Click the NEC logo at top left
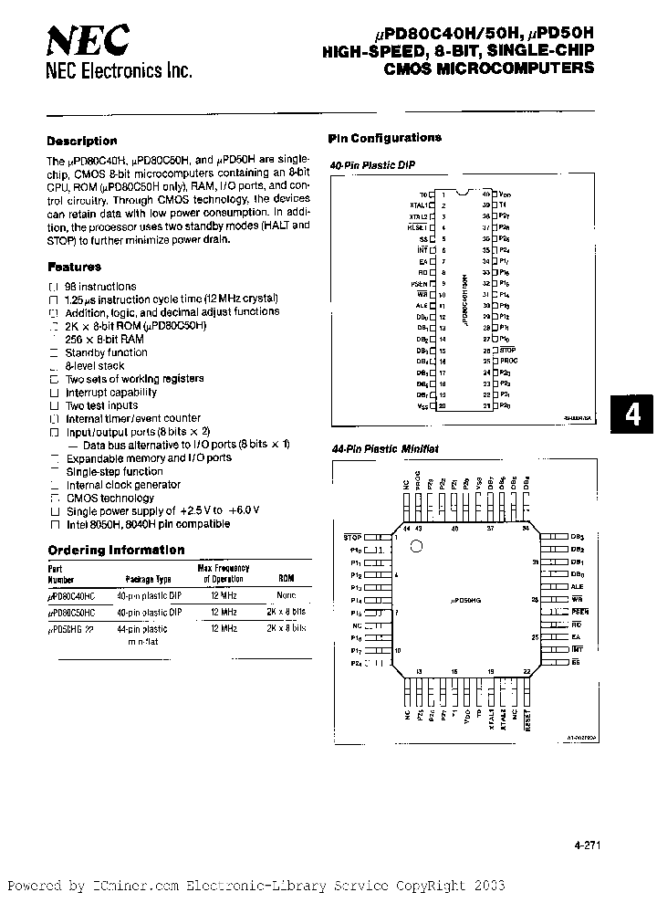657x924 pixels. pyautogui.click(x=89, y=40)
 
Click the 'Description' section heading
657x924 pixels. pyautogui.click(x=82, y=141)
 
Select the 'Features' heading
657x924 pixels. pyautogui.click(x=74, y=268)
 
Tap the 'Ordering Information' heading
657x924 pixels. pyautogui.click(x=116, y=550)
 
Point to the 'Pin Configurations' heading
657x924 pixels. pyautogui.click(x=384, y=138)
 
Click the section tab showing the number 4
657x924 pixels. pyautogui.click(x=632, y=415)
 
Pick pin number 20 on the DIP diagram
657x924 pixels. pyautogui.click(x=442, y=405)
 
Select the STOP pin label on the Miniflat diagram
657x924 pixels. pyautogui.click(x=352, y=538)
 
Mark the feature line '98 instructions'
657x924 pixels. pyautogui.click(x=101, y=286)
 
